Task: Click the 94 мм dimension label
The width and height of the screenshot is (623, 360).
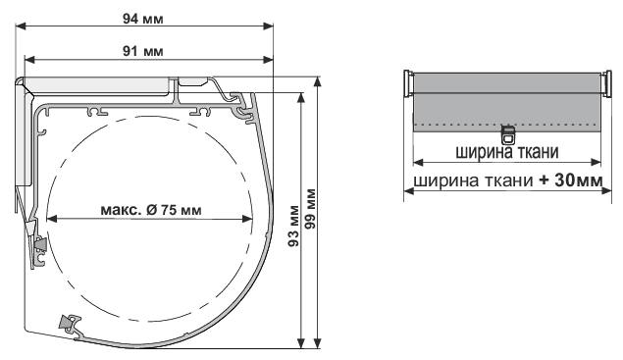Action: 142,19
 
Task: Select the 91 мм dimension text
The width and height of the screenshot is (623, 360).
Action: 142,51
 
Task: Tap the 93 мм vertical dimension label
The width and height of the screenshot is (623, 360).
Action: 293,226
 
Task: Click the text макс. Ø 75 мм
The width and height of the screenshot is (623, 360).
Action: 151,209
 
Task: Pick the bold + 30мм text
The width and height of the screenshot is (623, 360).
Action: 571,180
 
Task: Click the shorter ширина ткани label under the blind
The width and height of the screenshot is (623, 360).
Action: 507,152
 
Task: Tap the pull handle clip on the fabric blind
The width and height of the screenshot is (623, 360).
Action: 507,134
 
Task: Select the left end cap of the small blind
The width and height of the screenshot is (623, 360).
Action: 408,83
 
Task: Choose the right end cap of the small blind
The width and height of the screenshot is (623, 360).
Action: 606,83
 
